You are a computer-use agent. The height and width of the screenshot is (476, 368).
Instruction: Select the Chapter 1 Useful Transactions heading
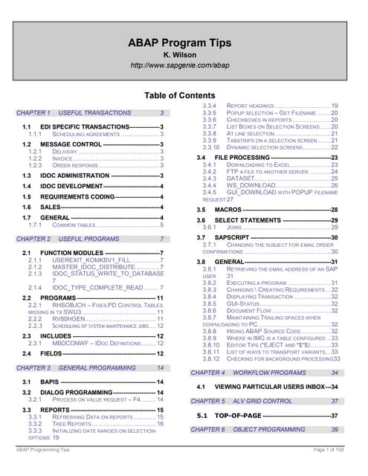90,113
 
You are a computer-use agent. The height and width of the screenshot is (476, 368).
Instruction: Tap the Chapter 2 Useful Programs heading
90,239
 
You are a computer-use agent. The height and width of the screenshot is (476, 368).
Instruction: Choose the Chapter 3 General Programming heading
90,368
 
